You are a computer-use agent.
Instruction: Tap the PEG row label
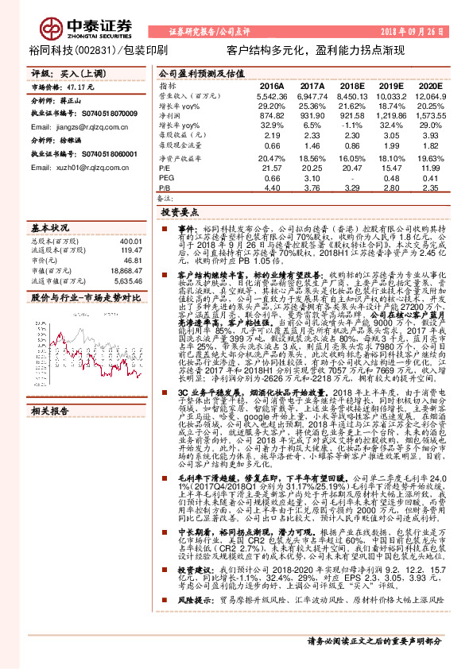click(166, 178)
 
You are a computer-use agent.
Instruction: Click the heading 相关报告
click(50, 412)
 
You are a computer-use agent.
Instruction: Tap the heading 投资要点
click(179, 213)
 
